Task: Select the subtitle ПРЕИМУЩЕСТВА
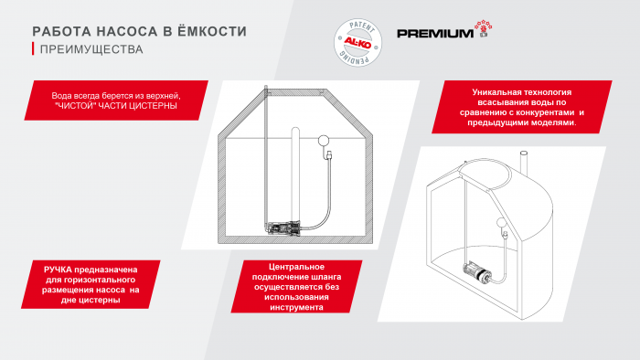[x=91, y=49]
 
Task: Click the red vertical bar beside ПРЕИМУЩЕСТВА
[x=33, y=49]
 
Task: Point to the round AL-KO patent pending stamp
[x=358, y=42]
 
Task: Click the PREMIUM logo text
[x=435, y=33]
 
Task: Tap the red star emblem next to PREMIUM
[x=484, y=29]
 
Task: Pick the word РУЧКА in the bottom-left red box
[x=58, y=270]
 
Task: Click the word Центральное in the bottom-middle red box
[x=296, y=267]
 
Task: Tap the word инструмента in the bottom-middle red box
[x=296, y=307]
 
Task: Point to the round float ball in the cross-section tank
[x=324, y=141]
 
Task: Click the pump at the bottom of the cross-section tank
[x=283, y=228]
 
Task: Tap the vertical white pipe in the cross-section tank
[x=295, y=175]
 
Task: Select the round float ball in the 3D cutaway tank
[x=501, y=223]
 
